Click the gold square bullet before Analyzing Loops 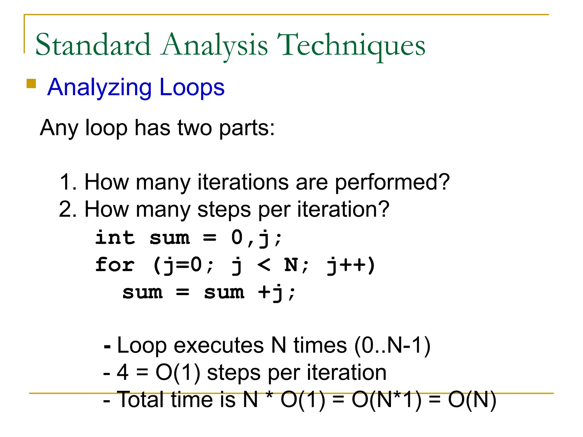click(x=31, y=84)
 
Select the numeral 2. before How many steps click(x=68, y=209)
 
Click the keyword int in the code click(x=115, y=238)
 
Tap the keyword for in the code click(x=115, y=265)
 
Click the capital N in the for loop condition click(x=291, y=265)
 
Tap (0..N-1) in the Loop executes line click(x=392, y=345)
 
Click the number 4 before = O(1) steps click(x=122, y=372)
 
